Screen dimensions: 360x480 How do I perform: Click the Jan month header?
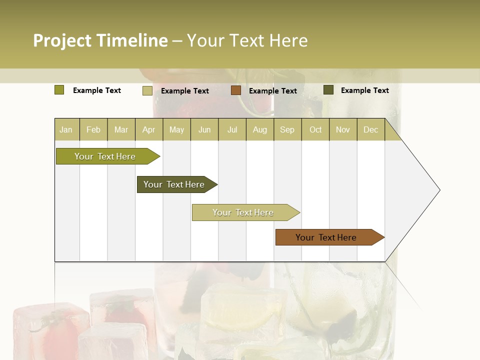click(x=66, y=129)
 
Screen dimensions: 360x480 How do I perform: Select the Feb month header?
click(x=93, y=129)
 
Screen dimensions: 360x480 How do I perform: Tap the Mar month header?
click(x=121, y=129)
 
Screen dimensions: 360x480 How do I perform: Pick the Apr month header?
click(x=149, y=129)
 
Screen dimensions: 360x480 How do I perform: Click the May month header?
click(x=176, y=129)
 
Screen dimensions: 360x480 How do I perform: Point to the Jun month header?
click(x=204, y=129)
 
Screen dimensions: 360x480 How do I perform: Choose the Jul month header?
click(x=232, y=129)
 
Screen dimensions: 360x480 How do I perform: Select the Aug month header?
click(x=260, y=129)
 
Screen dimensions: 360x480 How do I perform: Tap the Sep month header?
click(x=287, y=129)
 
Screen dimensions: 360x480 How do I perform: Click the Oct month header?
click(x=315, y=129)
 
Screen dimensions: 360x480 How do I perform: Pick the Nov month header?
click(x=343, y=129)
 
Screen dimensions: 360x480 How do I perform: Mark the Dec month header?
click(x=371, y=129)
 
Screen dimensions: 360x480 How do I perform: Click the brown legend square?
click(x=236, y=90)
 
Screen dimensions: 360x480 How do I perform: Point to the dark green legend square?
click(x=328, y=90)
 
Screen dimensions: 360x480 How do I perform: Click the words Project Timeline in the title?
click(x=100, y=40)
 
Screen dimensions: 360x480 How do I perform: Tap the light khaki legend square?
click(x=147, y=90)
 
